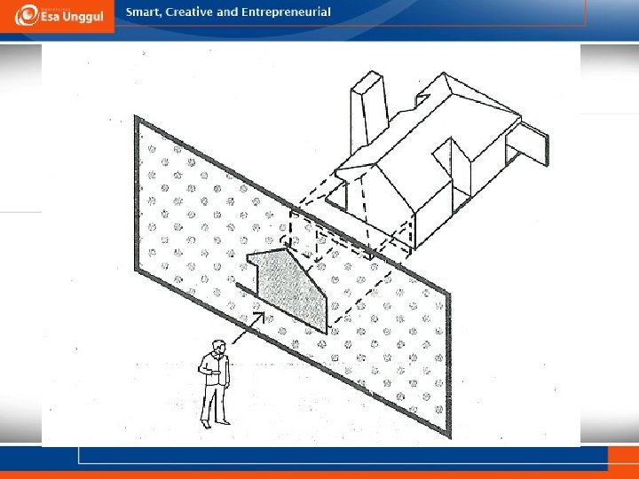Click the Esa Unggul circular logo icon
click(x=27, y=15)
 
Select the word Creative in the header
click(x=189, y=12)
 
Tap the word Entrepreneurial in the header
click(x=286, y=12)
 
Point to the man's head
click(x=219, y=347)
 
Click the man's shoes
click(x=215, y=424)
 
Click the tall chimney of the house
click(x=369, y=109)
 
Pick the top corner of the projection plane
click(x=136, y=117)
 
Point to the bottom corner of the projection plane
click(x=449, y=436)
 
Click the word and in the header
click(x=227, y=12)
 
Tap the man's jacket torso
click(x=217, y=369)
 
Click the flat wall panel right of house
click(x=528, y=144)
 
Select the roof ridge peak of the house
click(x=445, y=74)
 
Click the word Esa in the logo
click(x=51, y=18)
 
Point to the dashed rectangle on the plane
click(x=304, y=235)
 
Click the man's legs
click(x=214, y=404)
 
